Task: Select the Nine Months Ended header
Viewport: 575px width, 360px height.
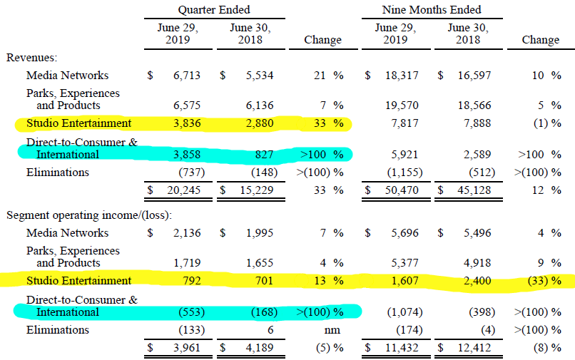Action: tap(432, 10)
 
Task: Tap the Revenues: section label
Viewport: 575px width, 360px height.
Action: tap(32, 57)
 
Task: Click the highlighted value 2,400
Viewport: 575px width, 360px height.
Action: tap(473, 281)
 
